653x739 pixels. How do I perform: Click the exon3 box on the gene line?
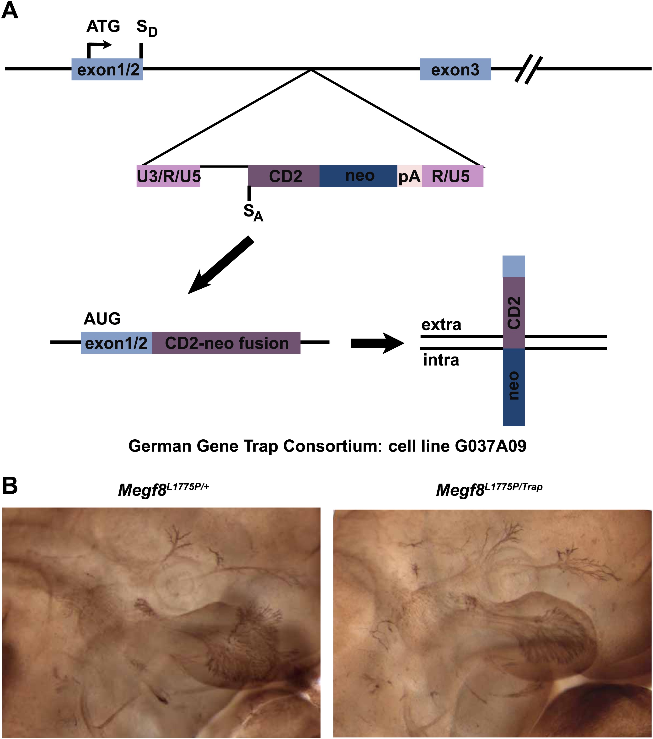click(x=455, y=70)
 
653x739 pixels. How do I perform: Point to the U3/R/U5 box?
click(x=168, y=176)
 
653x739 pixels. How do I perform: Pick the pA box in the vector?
click(x=409, y=176)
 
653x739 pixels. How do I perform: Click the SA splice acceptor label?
click(x=253, y=213)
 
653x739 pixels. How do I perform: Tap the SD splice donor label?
click(x=147, y=28)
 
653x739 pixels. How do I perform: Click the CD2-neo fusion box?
click(x=226, y=343)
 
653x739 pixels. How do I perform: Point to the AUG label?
click(x=102, y=318)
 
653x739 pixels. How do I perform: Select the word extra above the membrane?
click(x=441, y=325)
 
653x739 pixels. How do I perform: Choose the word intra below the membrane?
click(x=441, y=360)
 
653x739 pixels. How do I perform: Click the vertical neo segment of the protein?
click(x=514, y=387)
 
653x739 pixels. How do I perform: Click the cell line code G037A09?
click(x=490, y=446)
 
